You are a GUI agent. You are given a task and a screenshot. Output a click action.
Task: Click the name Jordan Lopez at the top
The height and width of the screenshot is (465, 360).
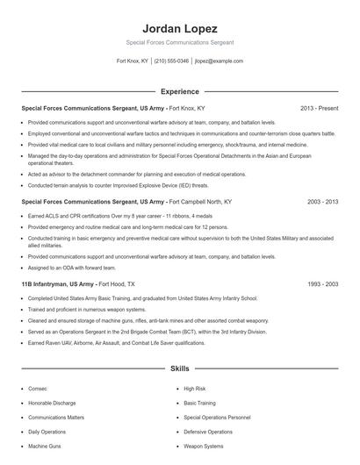179,28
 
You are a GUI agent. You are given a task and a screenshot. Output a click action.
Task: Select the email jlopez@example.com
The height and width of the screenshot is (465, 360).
219,61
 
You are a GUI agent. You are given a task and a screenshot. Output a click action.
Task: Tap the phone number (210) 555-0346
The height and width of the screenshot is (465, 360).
171,61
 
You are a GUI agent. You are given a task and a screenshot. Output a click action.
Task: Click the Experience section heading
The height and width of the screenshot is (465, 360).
179,91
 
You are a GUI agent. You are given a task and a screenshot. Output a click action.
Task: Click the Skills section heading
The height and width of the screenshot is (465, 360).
179,369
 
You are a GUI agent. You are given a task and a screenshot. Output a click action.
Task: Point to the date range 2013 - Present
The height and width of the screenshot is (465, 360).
319,108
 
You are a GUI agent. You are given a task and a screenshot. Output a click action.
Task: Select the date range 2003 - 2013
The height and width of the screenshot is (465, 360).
322,201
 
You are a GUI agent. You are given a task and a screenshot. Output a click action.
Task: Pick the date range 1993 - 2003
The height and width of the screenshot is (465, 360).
322,284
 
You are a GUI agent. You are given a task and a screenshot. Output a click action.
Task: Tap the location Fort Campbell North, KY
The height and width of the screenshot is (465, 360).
201,201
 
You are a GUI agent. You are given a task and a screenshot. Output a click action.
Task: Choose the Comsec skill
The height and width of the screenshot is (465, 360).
38,388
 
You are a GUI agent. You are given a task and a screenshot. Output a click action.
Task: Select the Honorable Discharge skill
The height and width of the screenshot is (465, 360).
52,403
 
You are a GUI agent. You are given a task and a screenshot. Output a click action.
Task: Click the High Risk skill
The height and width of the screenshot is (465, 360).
194,388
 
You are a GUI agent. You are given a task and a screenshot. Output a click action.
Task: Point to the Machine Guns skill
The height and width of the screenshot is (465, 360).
44,447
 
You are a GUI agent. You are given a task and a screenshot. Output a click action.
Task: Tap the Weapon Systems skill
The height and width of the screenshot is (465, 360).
205,447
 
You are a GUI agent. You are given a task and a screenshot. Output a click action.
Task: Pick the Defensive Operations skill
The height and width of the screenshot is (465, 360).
208,432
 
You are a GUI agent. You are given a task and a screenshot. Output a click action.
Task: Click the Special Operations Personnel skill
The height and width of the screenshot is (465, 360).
217,418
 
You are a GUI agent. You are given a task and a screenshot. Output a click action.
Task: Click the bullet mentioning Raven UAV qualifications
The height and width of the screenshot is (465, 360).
116,343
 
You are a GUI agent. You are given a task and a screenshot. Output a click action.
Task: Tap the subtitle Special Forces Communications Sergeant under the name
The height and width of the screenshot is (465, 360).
179,42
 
